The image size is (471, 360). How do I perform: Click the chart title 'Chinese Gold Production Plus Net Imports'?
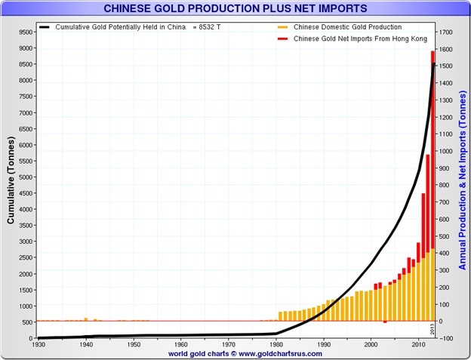[x=235, y=9]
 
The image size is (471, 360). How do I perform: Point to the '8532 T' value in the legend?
[x=208, y=27]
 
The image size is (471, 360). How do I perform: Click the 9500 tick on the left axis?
[x=25, y=32]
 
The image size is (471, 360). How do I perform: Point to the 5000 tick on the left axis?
[x=25, y=177]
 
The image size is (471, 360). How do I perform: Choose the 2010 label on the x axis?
[x=418, y=345]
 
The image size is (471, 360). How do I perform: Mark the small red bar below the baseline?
[x=385, y=322]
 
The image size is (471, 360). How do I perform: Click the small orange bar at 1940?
[x=86, y=319]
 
